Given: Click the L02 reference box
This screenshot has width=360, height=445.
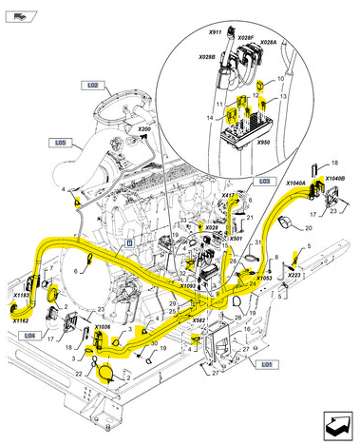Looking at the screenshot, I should pyautogui.click(x=92, y=86).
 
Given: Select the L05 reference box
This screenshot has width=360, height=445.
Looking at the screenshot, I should pyautogui.click(x=60, y=144).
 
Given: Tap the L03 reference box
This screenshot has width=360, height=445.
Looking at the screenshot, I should pyautogui.click(x=264, y=180).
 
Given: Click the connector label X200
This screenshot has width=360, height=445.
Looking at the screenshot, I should pyautogui.click(x=143, y=128).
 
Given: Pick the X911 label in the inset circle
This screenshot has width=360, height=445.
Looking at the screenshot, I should pyautogui.click(x=216, y=32).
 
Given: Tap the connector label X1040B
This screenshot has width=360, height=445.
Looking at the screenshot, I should pyautogui.click(x=334, y=178).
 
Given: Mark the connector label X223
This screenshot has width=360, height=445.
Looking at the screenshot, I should pyautogui.click(x=294, y=274).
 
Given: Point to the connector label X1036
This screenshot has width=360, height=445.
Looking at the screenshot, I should pyautogui.click(x=103, y=327).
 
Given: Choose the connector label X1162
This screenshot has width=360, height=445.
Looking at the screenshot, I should pyautogui.click(x=21, y=321).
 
